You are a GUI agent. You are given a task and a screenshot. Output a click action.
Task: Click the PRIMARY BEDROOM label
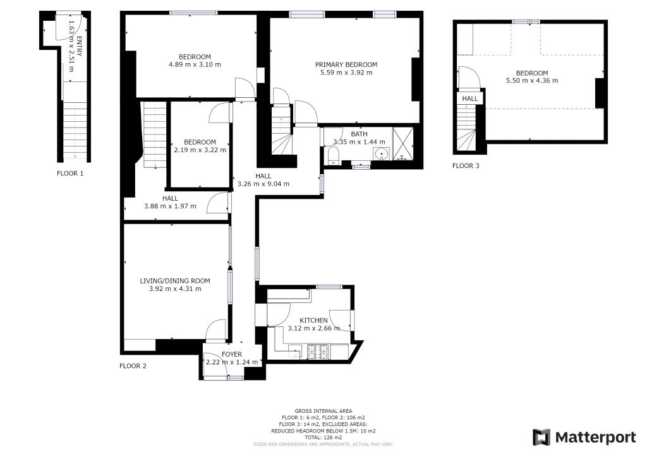[x=346, y=64]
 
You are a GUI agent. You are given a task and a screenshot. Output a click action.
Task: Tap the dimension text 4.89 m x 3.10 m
[x=195, y=64]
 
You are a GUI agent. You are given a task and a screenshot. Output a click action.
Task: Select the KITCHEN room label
[x=313, y=320]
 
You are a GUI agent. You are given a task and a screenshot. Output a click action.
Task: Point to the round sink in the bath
[x=382, y=154]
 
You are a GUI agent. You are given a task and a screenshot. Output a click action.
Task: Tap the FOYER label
[x=232, y=354]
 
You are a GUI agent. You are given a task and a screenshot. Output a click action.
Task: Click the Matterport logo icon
[x=541, y=437]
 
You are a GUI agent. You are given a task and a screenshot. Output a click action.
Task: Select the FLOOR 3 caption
[x=466, y=166]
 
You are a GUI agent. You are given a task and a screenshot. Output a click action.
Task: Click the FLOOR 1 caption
[x=70, y=172]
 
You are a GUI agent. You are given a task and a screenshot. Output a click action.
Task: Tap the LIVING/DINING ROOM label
[x=175, y=281]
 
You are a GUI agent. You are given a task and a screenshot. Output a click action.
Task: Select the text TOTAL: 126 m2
[x=323, y=437]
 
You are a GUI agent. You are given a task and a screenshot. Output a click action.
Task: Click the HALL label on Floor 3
[x=469, y=99]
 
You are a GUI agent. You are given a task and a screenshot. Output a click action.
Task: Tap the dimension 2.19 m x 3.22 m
[x=200, y=150]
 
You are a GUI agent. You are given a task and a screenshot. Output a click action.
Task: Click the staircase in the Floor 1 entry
[x=75, y=129]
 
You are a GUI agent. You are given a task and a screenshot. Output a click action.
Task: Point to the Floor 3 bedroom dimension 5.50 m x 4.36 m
[x=531, y=81]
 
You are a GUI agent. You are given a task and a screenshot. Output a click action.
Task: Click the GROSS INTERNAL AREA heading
[x=323, y=411]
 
